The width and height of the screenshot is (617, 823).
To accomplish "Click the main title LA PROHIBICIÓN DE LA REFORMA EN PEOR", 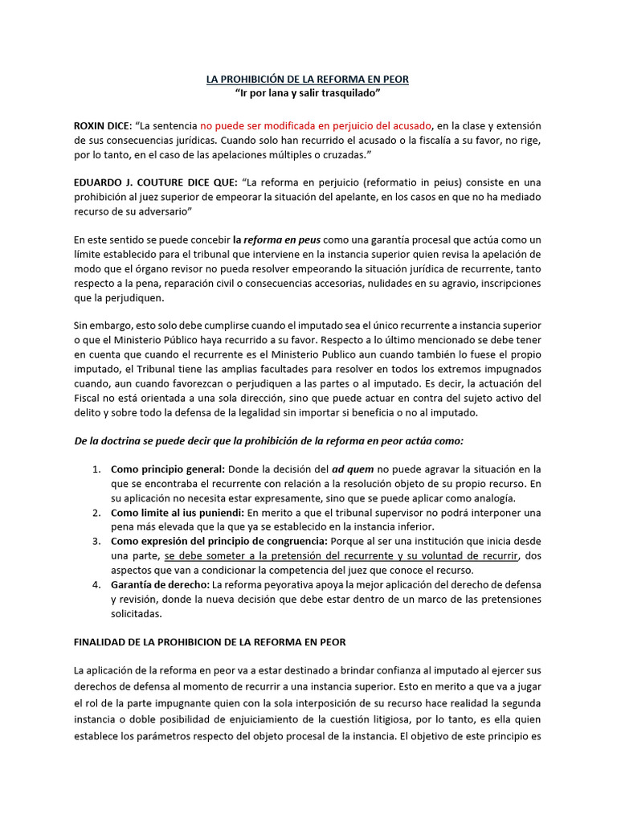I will pos(308,80).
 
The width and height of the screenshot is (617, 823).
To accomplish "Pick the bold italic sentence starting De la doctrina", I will pos(268,440).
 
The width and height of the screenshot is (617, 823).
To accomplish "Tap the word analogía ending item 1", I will pos(492,498).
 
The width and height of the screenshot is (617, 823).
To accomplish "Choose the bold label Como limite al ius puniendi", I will pos(177,512).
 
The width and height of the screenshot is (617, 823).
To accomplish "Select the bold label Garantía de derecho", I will pos(160,584).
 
